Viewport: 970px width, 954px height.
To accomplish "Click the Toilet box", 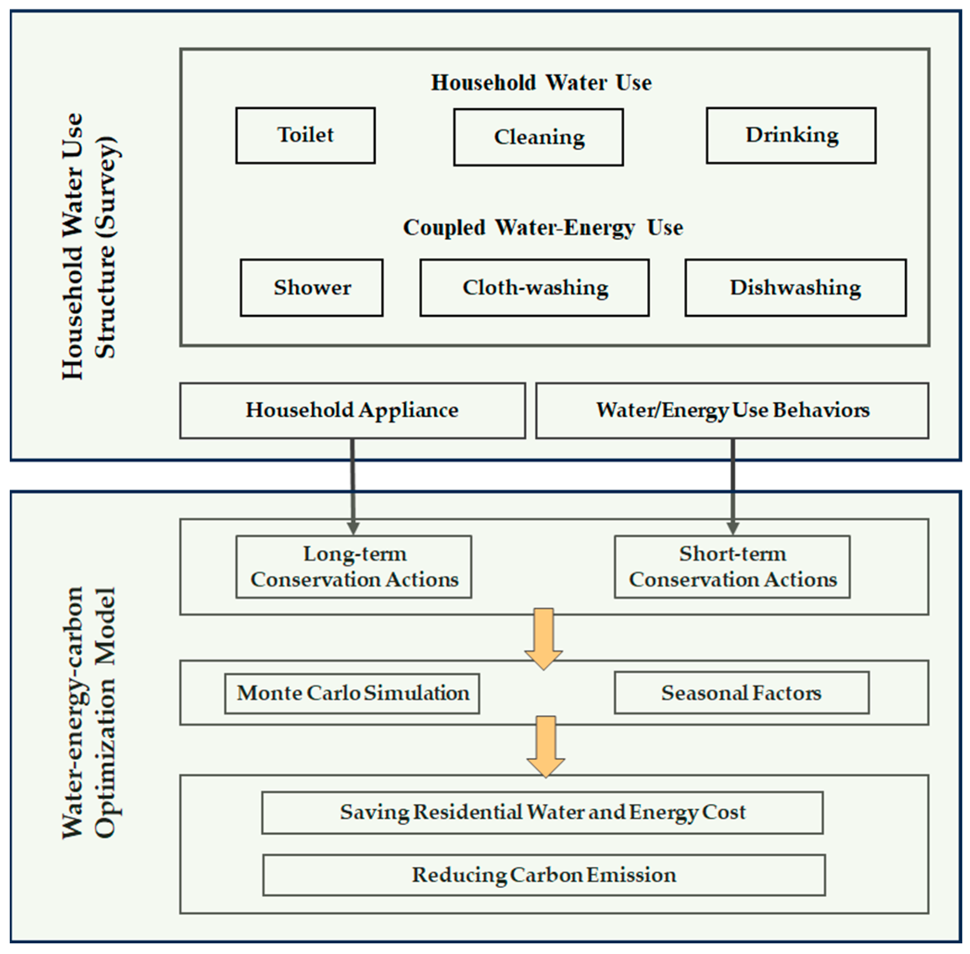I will [305, 135].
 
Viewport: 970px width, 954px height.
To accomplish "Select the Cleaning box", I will [538, 137].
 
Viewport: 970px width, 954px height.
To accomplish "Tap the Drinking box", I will [791, 135].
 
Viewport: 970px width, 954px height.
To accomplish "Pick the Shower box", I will [311, 288].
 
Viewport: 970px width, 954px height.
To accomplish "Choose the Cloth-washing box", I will [534, 288].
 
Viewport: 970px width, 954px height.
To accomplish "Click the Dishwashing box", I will [795, 288].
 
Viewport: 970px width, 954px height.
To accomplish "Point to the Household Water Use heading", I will [541, 82].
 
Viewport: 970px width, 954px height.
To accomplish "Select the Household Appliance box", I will [352, 411].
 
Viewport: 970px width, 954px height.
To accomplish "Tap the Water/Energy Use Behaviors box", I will [731, 411].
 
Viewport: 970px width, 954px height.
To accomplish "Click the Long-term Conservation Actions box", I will [354, 567].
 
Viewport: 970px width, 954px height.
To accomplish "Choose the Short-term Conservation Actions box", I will [732, 567].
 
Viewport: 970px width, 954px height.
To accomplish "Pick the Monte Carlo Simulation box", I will [352, 694].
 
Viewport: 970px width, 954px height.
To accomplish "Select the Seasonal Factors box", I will [742, 694].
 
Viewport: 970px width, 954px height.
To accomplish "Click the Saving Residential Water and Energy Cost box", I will [542, 813].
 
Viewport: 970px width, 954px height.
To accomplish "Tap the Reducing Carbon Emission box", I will [544, 875].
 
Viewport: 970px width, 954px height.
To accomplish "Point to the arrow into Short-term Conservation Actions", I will [732, 486].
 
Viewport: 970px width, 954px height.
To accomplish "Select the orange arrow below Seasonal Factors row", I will [546, 746].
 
